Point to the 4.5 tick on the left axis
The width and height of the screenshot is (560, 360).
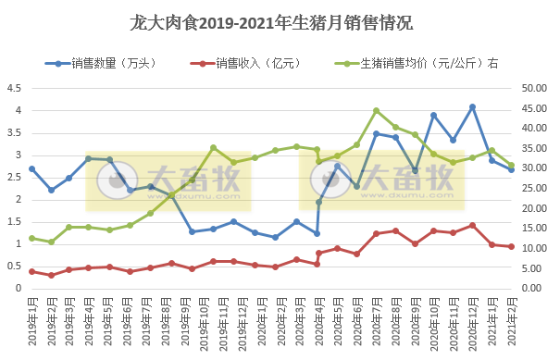click(15, 88)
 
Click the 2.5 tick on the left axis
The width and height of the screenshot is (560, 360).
click(15, 177)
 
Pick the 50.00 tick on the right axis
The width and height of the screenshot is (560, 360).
click(534, 88)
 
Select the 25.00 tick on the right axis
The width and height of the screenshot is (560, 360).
click(534, 188)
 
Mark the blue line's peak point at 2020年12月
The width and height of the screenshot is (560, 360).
click(472, 106)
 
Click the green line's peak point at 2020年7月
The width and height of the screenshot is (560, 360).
click(376, 110)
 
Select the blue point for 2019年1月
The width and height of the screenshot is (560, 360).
click(31, 168)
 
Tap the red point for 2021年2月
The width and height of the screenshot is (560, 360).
click(511, 246)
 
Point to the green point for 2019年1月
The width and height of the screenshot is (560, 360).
click(31, 238)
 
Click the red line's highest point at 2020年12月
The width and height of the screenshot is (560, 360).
click(472, 225)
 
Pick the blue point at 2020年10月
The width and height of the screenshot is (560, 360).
click(433, 115)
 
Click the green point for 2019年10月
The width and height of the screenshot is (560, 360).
click(213, 147)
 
